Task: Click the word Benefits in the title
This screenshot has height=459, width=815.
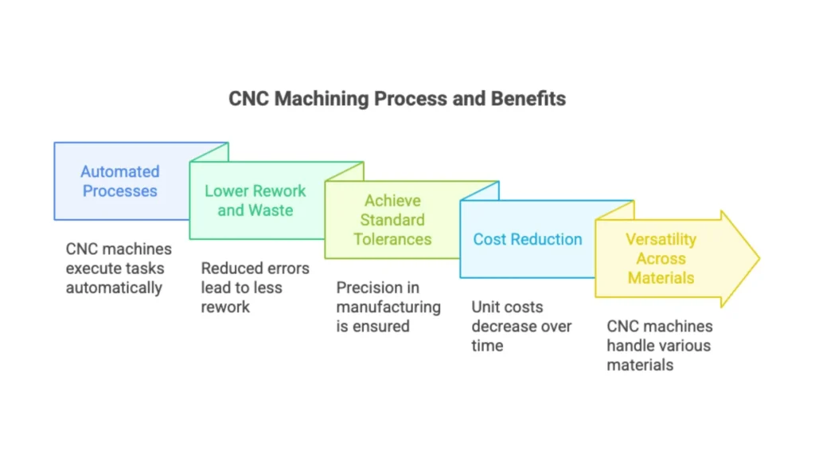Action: tap(528, 98)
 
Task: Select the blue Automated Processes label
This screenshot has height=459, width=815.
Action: tap(120, 181)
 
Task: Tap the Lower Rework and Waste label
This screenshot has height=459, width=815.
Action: tap(255, 200)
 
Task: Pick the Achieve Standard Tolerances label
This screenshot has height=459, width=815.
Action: tap(392, 220)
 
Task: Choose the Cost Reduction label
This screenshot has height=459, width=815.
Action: tap(528, 239)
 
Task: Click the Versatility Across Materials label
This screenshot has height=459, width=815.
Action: tap(661, 258)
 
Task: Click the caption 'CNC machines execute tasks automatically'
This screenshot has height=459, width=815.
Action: tap(119, 268)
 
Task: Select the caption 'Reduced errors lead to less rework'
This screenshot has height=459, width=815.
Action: tap(255, 287)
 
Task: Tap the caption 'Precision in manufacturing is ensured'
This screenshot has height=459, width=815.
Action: tap(388, 307)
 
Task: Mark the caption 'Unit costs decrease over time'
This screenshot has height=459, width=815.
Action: tap(521, 326)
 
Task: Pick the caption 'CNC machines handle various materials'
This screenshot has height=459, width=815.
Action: tap(660, 345)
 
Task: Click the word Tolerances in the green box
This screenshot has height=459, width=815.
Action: tap(392, 239)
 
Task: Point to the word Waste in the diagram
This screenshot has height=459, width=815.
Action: tap(271, 210)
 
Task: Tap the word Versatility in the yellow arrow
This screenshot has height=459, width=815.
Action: tap(661, 239)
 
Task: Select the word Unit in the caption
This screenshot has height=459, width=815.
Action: tap(486, 307)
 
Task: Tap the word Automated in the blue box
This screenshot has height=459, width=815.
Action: tap(120, 171)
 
